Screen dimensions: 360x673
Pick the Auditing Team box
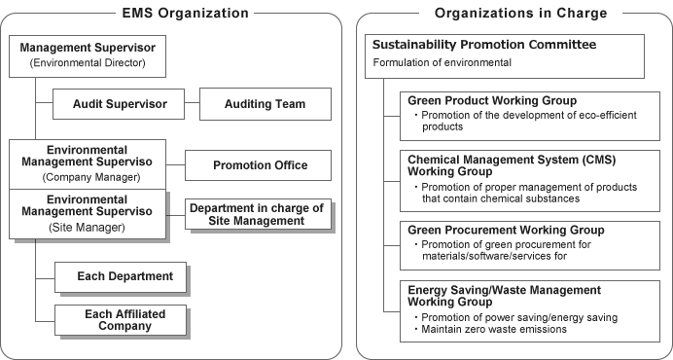click(x=265, y=103)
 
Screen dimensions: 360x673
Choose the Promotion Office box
click(x=260, y=165)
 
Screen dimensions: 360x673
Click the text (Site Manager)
click(x=88, y=226)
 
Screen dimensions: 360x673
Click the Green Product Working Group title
click(x=492, y=101)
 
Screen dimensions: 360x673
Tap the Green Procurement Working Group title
click(x=506, y=230)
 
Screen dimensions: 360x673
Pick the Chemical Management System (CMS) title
click(x=512, y=159)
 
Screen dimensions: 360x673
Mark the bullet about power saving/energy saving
click(x=519, y=317)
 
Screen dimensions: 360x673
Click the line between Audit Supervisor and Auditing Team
click(x=191, y=103)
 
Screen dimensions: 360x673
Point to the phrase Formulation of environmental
click(x=443, y=63)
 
